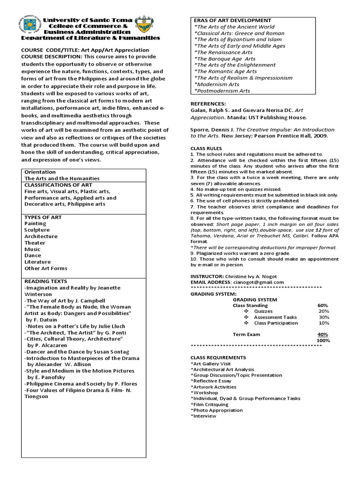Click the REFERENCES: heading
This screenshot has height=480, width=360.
click(208, 104)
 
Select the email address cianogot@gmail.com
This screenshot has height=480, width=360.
click(257, 283)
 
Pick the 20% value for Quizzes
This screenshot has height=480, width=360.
click(323, 311)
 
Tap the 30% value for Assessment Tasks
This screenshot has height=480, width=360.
click(323, 317)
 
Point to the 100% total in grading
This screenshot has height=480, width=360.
click(323, 340)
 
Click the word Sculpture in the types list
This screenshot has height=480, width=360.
click(37, 230)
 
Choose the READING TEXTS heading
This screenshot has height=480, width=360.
click(46, 281)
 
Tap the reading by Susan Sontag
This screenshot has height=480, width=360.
click(77, 352)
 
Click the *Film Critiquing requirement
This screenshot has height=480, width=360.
click(210, 404)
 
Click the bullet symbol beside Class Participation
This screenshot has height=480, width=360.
click(246, 323)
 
